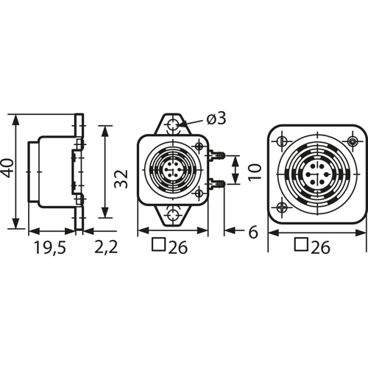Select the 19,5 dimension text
[50, 247]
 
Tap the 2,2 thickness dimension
[106, 247]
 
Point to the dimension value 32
[121, 179]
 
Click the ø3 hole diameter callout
[216, 119]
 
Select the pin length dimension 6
[253, 233]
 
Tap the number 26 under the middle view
[177, 247]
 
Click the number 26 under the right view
[320, 247]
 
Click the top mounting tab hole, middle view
[174, 125]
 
